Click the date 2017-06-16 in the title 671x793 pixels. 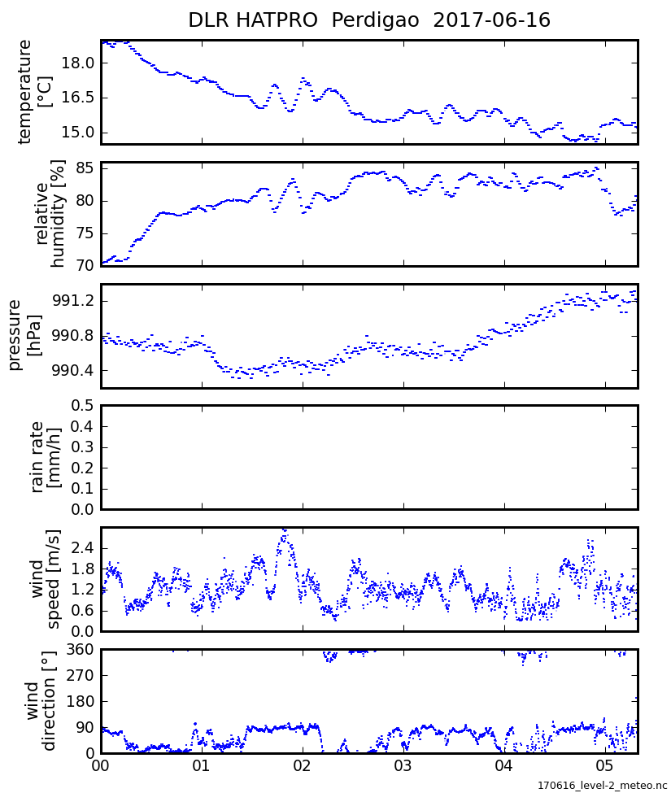[492, 20]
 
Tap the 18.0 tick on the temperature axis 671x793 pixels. [79, 63]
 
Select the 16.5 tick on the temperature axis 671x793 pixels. [79, 98]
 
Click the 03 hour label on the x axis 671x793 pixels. [403, 766]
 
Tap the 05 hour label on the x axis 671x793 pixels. [604, 766]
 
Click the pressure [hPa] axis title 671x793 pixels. [24, 335]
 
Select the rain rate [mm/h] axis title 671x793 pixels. [46, 457]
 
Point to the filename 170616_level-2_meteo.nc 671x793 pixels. [602, 786]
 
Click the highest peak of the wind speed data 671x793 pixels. [284, 530]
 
